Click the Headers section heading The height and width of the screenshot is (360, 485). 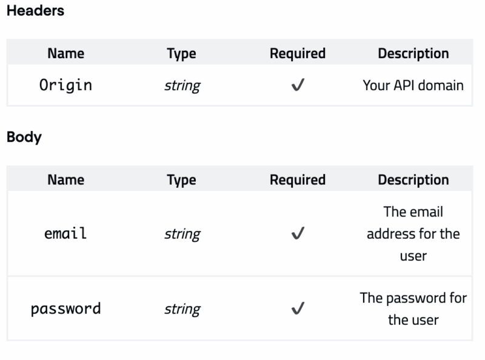point(35,11)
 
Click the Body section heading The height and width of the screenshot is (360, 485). point(24,137)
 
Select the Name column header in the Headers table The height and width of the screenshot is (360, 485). point(65,53)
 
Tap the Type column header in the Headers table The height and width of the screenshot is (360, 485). point(181,53)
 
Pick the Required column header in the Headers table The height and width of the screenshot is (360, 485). point(297,53)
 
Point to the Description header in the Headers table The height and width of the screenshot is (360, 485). point(413,53)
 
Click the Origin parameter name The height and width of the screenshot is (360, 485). point(65,85)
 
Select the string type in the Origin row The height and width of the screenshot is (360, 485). point(181,85)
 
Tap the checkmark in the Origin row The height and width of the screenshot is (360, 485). point(297,85)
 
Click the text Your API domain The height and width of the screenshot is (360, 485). point(413,85)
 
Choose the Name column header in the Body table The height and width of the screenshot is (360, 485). point(65,180)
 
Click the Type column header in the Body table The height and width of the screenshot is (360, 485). point(181,180)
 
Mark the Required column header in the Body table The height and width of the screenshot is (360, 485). point(297,180)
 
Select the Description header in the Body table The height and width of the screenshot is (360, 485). point(413,180)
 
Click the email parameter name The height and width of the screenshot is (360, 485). point(65,233)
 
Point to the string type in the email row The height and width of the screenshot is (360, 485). point(181,234)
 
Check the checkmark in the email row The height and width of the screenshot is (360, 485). point(297,234)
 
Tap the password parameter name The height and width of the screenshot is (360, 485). point(65,308)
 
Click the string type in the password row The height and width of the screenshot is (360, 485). point(181,309)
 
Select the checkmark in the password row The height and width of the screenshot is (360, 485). point(297,309)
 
